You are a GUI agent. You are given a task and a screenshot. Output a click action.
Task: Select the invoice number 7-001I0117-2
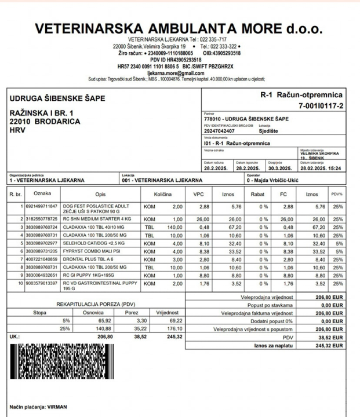click(321, 105)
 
